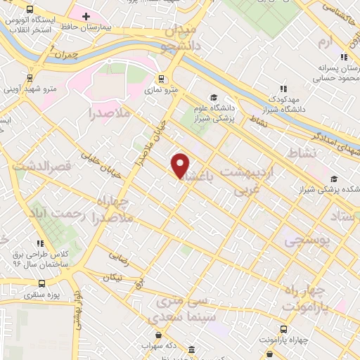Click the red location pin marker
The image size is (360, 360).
(x=181, y=165)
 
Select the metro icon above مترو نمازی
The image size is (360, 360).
(x=162, y=79)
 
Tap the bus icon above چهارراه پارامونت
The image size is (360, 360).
(x=283, y=328)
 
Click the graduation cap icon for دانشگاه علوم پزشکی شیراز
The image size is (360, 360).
(x=214, y=97)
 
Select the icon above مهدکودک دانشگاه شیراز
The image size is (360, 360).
(x=283, y=89)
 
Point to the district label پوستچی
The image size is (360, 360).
(x=307, y=241)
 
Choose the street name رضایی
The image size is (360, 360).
(x=118, y=259)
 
